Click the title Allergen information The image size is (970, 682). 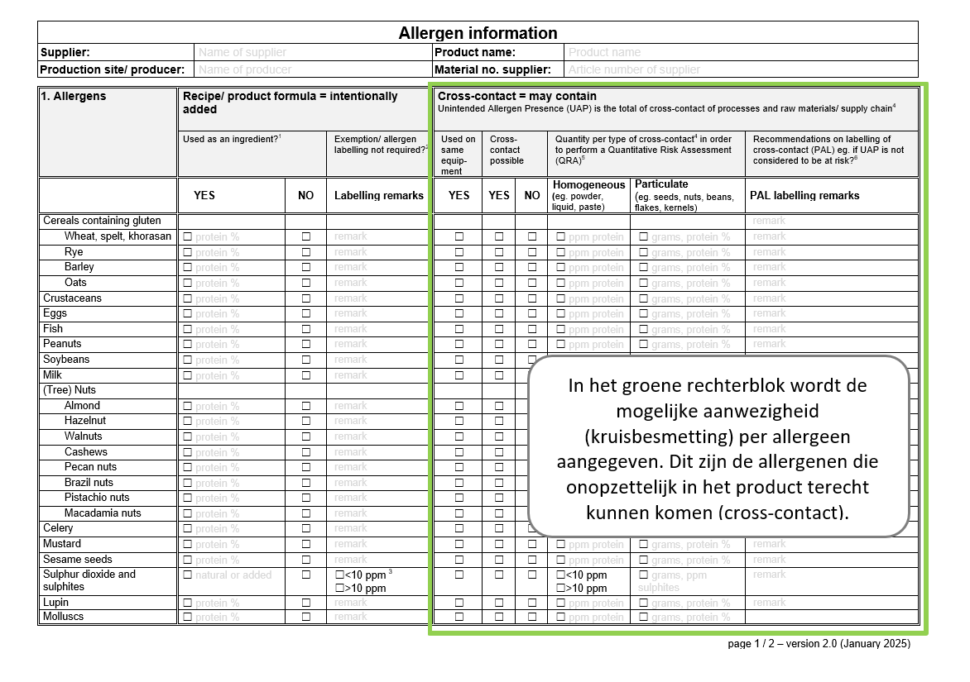(x=478, y=33)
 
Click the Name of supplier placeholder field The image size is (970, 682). (x=242, y=52)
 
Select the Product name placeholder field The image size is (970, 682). (x=604, y=52)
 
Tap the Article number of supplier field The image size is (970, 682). (x=634, y=69)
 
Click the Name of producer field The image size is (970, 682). (x=245, y=69)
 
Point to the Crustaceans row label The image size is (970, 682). (x=72, y=298)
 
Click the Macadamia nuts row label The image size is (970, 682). (x=103, y=513)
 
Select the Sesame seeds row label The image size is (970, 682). (x=78, y=560)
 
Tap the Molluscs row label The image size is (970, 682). (x=64, y=617)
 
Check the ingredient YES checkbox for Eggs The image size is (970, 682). (x=187, y=314)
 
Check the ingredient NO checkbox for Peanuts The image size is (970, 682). (x=306, y=344)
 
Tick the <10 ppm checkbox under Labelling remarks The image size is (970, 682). (x=339, y=575)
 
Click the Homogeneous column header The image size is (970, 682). (x=588, y=184)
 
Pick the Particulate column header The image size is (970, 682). (x=661, y=184)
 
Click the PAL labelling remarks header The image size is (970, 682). (x=804, y=196)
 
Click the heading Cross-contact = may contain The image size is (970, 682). (x=517, y=97)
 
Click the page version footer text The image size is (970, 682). (x=819, y=644)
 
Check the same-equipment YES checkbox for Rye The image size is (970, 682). (x=459, y=252)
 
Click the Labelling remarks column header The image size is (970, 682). (x=379, y=196)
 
